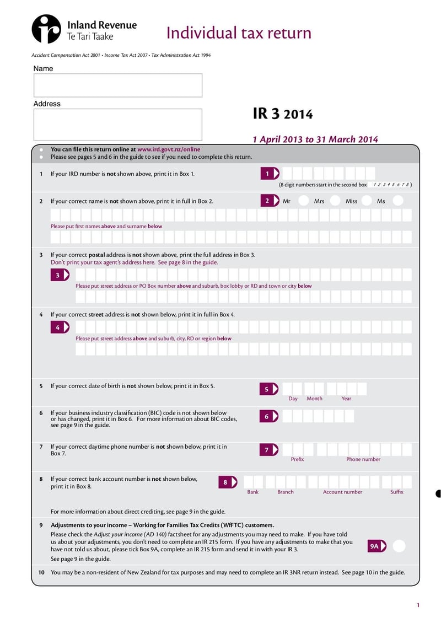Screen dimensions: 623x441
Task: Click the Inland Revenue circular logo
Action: point(46,29)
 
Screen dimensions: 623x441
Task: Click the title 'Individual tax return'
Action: point(239,33)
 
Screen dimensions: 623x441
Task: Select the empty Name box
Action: point(117,85)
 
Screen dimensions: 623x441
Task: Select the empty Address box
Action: point(117,124)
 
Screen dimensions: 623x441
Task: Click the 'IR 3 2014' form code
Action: point(282,114)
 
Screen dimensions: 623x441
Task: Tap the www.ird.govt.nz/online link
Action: point(169,149)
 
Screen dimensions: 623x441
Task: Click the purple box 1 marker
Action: point(269,174)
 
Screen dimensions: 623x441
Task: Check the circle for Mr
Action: point(303,201)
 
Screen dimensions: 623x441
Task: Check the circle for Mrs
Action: point(335,201)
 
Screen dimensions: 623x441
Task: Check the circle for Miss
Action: point(367,201)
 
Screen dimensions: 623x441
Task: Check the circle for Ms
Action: point(398,201)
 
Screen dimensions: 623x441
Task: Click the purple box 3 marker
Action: point(59,275)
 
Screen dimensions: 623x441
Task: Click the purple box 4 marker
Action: point(59,327)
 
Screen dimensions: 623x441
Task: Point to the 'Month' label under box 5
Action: point(314,399)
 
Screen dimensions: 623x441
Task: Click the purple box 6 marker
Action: point(268,416)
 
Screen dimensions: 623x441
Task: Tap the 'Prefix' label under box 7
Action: point(297,459)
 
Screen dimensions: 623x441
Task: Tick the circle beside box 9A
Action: point(399,546)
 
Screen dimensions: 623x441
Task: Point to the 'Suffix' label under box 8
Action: point(397,492)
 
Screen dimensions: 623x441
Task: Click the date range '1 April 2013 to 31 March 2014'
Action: point(315,139)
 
